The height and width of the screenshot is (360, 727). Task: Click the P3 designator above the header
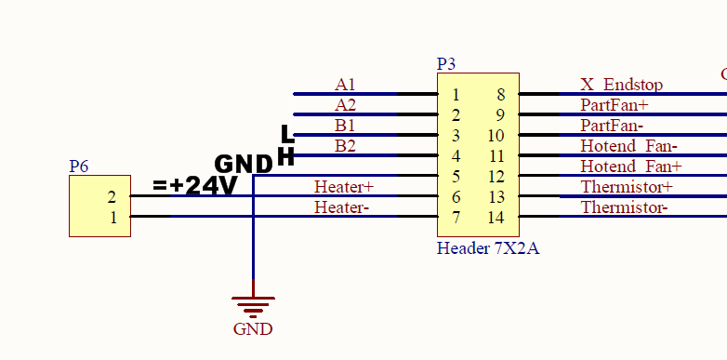446,64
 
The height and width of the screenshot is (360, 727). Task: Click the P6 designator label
79,167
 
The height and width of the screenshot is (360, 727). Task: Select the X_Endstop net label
621,85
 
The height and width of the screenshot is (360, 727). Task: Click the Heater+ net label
344,186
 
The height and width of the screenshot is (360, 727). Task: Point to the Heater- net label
341,207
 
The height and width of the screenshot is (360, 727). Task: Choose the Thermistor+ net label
627,186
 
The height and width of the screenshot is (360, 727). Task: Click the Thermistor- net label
624,207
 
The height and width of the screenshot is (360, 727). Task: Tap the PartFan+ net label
614,105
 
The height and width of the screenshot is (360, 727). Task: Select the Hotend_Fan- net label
628,146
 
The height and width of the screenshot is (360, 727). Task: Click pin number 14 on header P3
496,217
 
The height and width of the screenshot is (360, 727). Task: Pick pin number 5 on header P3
456,177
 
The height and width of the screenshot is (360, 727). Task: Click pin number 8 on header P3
500,95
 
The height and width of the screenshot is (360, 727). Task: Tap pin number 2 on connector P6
112,196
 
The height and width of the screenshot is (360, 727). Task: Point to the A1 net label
345,85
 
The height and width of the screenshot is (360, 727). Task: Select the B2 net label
345,146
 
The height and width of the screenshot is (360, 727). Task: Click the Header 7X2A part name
488,248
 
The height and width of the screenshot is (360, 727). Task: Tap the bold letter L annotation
287,134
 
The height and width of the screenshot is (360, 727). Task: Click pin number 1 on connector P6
113,217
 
